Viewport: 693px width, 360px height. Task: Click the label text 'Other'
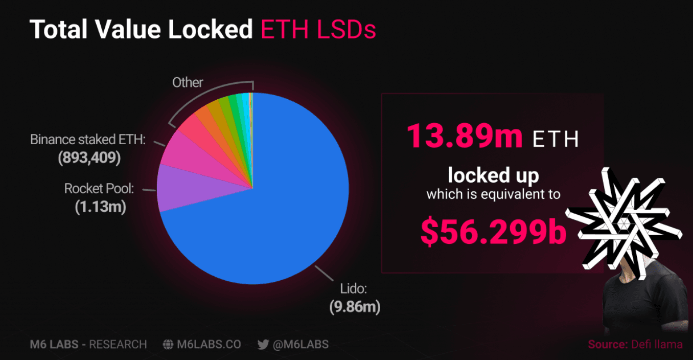pos(188,82)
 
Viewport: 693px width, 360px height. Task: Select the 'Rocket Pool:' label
pos(99,189)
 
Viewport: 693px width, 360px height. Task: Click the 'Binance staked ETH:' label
pos(88,140)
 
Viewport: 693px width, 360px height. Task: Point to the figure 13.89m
pos(465,137)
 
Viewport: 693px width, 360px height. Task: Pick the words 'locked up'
pos(493,175)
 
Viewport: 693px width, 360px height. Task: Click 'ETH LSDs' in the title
pos(318,30)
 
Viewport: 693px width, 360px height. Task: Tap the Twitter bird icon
pos(263,344)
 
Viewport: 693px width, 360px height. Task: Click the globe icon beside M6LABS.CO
pos(168,344)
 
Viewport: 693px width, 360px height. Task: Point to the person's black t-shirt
pos(644,307)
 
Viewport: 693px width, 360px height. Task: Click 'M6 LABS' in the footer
pos(54,344)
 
